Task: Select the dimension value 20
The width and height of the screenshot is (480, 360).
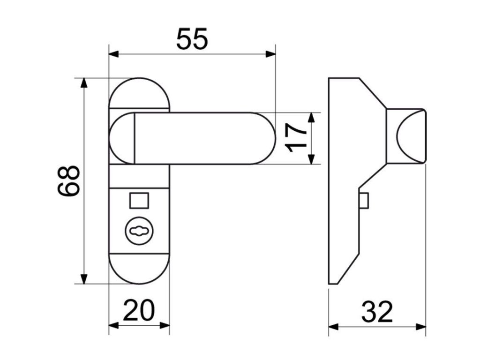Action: coord(139,310)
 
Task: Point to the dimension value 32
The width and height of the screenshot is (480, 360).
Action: coord(377,312)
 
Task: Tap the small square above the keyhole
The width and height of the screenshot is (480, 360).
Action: coord(139,200)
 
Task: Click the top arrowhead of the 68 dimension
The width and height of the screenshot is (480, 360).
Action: coord(84,83)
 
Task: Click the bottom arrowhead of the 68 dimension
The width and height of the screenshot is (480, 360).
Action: coord(84,279)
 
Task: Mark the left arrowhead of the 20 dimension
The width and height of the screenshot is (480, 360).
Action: coord(114,324)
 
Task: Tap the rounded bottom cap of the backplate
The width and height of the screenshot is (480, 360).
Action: coord(139,270)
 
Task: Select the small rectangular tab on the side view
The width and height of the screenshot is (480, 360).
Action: coord(364,200)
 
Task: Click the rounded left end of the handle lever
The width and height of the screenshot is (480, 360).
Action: coord(121,138)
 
